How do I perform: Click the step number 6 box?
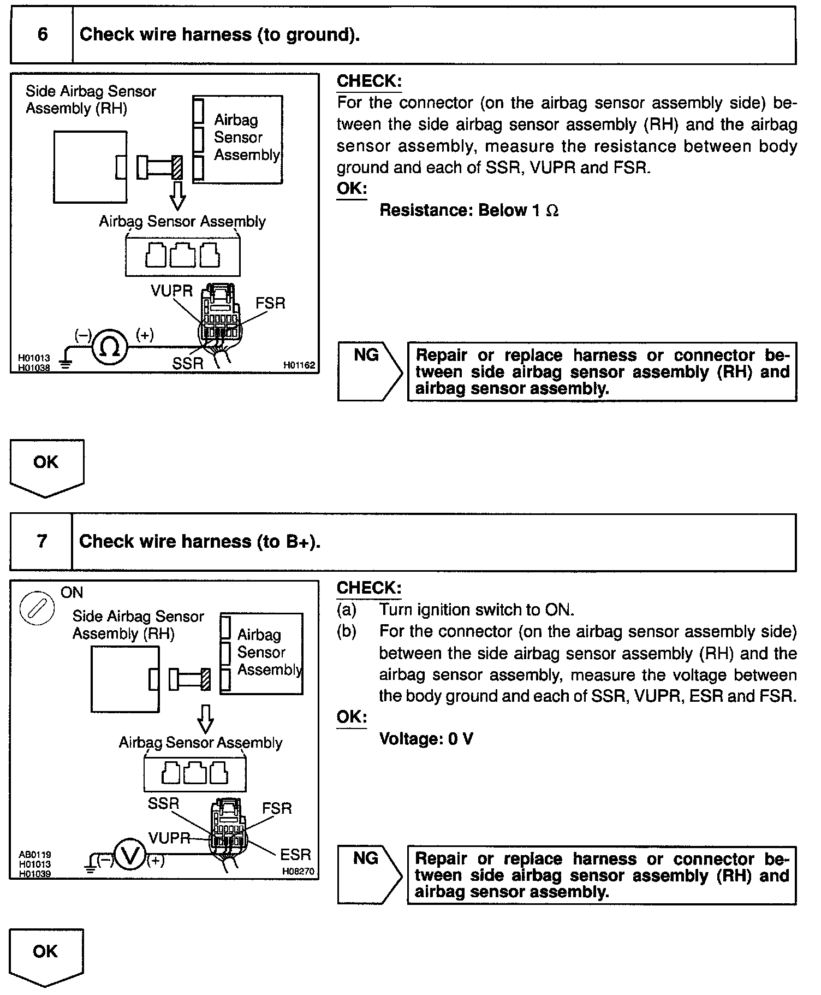tap(42, 35)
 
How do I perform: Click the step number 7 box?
tap(41, 542)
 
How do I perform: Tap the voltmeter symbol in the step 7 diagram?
tap(130, 855)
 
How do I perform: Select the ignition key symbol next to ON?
tap(37, 608)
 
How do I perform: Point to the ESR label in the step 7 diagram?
tap(295, 855)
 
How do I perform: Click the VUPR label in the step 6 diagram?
tap(171, 291)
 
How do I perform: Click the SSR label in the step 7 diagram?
tap(163, 803)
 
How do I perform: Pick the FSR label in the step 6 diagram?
tap(270, 303)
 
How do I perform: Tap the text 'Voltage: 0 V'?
tap(426, 739)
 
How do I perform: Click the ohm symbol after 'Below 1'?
tap(552, 211)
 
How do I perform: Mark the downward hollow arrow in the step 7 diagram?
tap(205, 719)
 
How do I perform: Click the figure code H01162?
tap(299, 365)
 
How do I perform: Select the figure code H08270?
tap(298, 872)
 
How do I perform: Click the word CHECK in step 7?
tap(369, 588)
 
